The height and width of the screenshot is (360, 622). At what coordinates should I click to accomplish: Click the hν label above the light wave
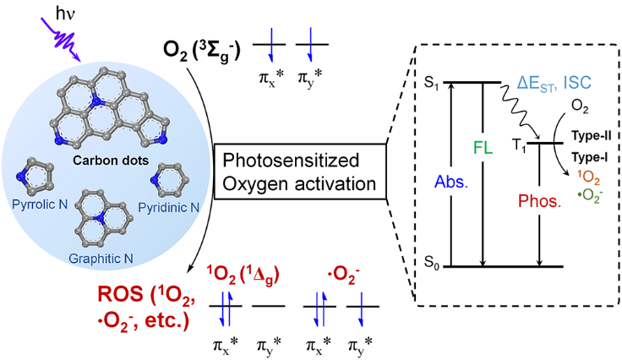[65, 14]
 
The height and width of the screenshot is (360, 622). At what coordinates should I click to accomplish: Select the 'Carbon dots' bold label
[111, 161]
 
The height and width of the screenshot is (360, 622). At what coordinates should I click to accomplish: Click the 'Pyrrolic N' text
[40, 205]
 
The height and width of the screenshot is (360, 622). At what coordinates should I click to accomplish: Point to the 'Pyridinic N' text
[168, 207]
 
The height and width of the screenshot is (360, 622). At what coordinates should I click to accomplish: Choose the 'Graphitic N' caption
[101, 259]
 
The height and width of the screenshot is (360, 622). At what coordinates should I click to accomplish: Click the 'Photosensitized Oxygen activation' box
[300, 172]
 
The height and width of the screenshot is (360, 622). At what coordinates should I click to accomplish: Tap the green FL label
[483, 148]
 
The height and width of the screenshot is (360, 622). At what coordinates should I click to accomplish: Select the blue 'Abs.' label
[451, 182]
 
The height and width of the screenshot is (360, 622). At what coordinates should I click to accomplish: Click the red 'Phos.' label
[539, 201]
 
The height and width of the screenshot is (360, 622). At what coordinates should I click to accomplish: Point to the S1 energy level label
[431, 84]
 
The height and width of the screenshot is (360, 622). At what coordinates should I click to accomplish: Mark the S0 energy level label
[431, 263]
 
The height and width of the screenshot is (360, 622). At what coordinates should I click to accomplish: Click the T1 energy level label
[519, 145]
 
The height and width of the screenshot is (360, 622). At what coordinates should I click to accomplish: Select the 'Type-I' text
[590, 157]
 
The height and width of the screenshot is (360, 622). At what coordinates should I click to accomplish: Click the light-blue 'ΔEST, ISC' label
[554, 84]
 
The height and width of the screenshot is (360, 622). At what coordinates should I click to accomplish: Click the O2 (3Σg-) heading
[201, 52]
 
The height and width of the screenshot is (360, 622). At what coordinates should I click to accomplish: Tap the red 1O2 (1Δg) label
[243, 275]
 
